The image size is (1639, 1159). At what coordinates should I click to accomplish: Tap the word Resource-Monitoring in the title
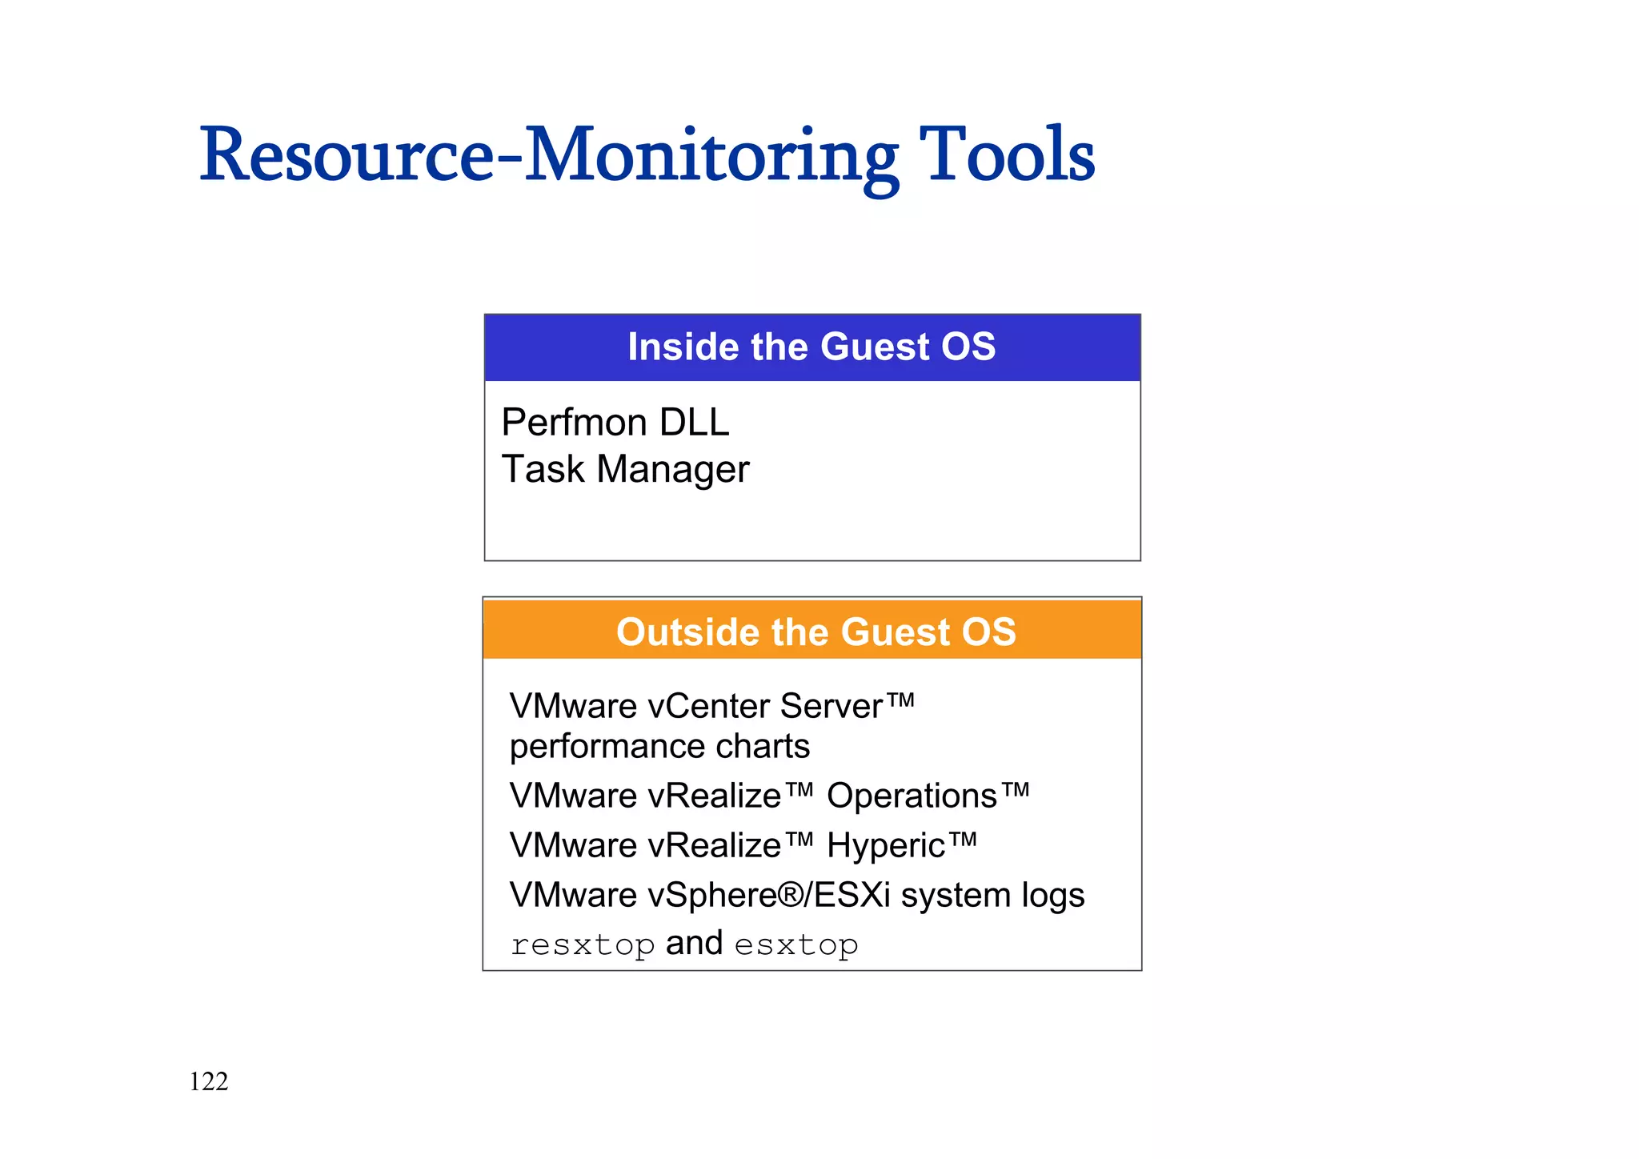click(548, 156)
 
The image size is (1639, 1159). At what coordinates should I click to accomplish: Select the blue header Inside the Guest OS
click(811, 347)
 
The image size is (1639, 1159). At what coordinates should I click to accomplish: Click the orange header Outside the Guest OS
click(815, 632)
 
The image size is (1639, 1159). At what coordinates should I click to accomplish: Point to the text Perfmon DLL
click(615, 423)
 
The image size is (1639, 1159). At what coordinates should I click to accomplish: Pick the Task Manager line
click(625, 469)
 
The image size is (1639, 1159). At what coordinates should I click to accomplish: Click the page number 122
click(209, 1081)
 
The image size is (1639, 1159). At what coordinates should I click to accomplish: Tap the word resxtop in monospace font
click(583, 945)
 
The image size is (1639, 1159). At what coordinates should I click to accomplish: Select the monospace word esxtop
click(796, 945)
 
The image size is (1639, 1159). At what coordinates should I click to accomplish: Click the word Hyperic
click(886, 846)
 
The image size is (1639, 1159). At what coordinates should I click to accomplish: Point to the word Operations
click(912, 796)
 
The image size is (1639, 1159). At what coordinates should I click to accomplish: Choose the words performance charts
click(659, 746)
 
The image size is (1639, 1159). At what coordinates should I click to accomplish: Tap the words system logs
click(992, 895)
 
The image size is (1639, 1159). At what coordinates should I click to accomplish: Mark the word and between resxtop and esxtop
click(694, 944)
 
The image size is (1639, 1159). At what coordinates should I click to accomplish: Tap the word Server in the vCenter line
click(831, 706)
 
